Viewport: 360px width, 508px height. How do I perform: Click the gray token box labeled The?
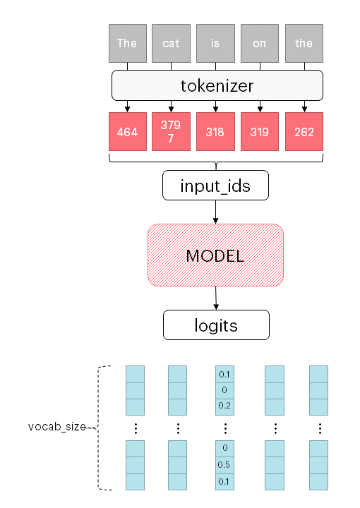point(127,43)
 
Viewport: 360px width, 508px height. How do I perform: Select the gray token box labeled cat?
point(171,43)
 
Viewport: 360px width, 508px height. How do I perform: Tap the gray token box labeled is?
point(215,43)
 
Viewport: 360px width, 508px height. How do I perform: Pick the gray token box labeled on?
point(260,43)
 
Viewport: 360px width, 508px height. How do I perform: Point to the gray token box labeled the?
point(304,43)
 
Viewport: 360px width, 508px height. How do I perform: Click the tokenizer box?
point(217,86)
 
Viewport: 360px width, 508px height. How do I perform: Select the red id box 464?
point(127,132)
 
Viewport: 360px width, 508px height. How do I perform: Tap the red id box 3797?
point(171,132)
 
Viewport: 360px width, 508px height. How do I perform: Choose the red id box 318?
point(215,132)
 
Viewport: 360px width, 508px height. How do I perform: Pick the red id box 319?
point(260,132)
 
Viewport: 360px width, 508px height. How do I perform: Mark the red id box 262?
point(304,132)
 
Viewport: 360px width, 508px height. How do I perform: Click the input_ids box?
point(215,186)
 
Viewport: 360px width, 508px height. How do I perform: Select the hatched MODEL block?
point(215,255)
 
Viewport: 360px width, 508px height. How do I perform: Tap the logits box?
point(215,325)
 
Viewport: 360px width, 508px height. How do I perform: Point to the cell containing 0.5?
point(224,464)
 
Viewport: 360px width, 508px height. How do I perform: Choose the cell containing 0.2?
point(224,406)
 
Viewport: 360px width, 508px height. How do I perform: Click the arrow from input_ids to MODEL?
point(215,212)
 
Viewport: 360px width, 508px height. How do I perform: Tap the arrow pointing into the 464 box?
point(127,107)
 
